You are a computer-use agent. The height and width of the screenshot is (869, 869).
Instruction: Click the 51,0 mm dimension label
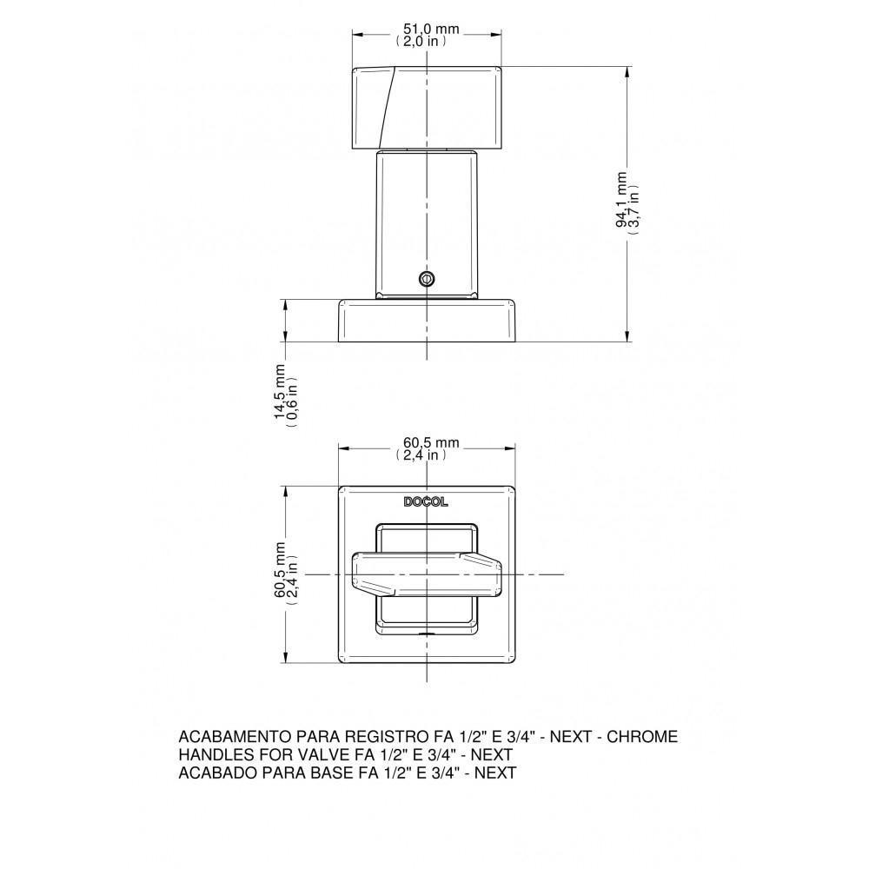coord(427,30)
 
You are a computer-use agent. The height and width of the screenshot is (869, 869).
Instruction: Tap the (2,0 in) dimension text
coord(422,41)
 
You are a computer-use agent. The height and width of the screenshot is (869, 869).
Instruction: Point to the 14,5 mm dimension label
coord(281,391)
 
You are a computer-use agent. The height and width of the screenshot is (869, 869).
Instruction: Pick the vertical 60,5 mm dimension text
coord(281,570)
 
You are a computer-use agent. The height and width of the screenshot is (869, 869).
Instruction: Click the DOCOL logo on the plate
coord(426,501)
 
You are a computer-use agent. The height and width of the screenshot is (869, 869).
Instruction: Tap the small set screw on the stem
coord(426,278)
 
